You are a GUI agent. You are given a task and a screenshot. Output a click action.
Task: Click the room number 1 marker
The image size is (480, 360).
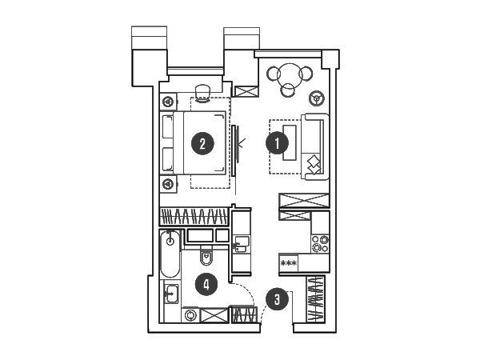277,143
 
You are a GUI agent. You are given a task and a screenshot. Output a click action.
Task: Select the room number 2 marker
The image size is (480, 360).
202,143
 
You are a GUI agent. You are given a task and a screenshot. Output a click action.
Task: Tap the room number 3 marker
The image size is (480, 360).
277,299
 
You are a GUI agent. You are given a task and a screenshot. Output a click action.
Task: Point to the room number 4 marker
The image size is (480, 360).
206,284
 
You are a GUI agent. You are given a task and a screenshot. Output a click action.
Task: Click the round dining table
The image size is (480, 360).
290,75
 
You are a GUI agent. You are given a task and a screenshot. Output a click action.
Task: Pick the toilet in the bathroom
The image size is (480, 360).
206,256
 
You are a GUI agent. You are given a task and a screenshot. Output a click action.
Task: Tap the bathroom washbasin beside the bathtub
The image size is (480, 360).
171,294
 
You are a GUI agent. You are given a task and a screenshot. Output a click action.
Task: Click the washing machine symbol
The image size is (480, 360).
190,315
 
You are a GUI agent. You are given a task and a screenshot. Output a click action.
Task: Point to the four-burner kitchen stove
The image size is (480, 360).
320,244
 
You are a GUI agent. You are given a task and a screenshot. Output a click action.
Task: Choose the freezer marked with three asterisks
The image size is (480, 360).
288,263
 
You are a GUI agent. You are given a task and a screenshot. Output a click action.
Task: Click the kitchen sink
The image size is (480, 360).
242,245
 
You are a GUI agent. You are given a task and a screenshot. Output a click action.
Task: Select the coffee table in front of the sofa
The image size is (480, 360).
290,142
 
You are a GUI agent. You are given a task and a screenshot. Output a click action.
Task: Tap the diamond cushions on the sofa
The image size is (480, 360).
314,166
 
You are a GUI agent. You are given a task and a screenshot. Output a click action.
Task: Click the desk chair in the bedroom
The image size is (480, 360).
202,93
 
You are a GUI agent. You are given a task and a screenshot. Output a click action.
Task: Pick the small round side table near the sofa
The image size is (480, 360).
316,98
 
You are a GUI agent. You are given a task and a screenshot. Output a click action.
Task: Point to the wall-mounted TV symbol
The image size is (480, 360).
234,150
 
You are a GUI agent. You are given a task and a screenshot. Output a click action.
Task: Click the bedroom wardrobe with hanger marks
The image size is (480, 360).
194,217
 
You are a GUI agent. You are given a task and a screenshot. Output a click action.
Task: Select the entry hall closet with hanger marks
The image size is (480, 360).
316,299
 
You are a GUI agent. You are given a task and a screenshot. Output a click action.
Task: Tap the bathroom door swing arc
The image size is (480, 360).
251,294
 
